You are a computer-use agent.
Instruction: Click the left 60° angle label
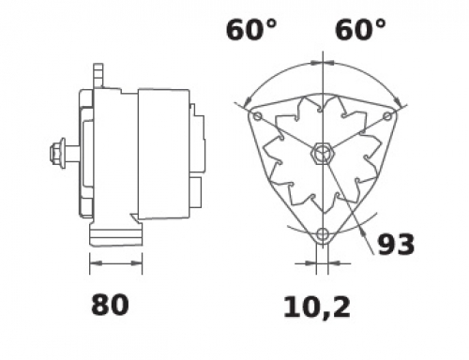pyautogui.click(x=251, y=30)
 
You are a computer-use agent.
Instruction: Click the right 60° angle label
pyautogui.click(x=360, y=30)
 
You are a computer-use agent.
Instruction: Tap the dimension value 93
pyautogui.click(x=396, y=244)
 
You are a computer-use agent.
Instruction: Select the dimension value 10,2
pyautogui.click(x=317, y=307)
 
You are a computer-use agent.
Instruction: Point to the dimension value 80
pyautogui.click(x=110, y=305)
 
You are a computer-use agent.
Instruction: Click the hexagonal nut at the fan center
pyautogui.click(x=323, y=153)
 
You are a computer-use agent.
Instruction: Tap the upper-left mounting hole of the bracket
pyautogui.click(x=257, y=116)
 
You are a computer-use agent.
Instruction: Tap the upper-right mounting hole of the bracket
pyautogui.click(x=387, y=116)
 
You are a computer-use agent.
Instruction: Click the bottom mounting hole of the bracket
pyautogui.click(x=323, y=233)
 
